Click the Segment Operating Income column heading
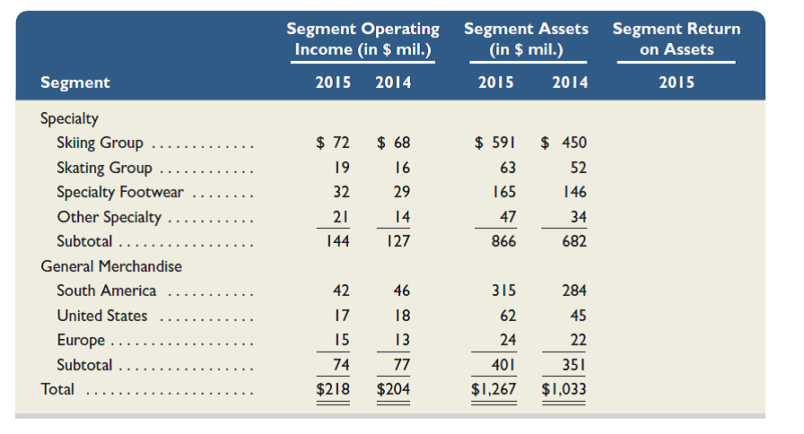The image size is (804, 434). pyautogui.click(x=363, y=39)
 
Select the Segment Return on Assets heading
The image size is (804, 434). pyautogui.click(x=676, y=39)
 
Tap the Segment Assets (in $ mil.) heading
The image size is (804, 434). pyautogui.click(x=526, y=39)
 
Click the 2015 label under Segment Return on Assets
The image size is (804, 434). pyautogui.click(x=676, y=82)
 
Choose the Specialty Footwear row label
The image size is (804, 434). pyautogui.click(x=119, y=192)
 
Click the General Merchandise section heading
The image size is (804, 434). pyautogui.click(x=111, y=266)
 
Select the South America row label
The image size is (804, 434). pyautogui.click(x=106, y=291)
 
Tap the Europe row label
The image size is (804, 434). pyautogui.click(x=81, y=340)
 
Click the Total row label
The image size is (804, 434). pyautogui.click(x=57, y=389)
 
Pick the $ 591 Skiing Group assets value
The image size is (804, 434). pyautogui.click(x=494, y=143)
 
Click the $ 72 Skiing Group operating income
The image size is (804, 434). pyautogui.click(x=333, y=143)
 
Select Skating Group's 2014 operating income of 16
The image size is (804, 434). pyautogui.click(x=401, y=168)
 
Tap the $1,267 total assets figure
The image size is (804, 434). pyautogui.click(x=494, y=389)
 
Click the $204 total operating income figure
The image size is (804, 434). pyautogui.click(x=393, y=389)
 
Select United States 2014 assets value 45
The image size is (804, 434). pyautogui.click(x=577, y=316)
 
